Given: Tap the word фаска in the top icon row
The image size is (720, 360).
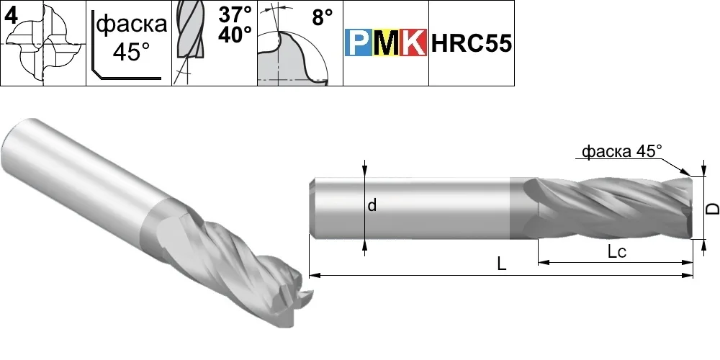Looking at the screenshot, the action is pyautogui.click(x=132, y=24).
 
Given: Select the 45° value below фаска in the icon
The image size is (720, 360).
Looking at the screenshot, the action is pyautogui.click(x=131, y=51).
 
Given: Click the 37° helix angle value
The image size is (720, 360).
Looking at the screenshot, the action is pyautogui.click(x=235, y=14).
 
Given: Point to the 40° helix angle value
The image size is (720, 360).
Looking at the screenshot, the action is pyautogui.click(x=235, y=35).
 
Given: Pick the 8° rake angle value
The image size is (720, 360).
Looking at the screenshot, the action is pyautogui.click(x=323, y=18).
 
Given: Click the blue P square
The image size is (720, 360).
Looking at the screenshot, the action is pyautogui.click(x=358, y=43).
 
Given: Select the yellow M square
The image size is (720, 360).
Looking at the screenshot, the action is pyautogui.click(x=385, y=43).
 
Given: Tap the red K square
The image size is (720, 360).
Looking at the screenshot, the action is pyautogui.click(x=413, y=43).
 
